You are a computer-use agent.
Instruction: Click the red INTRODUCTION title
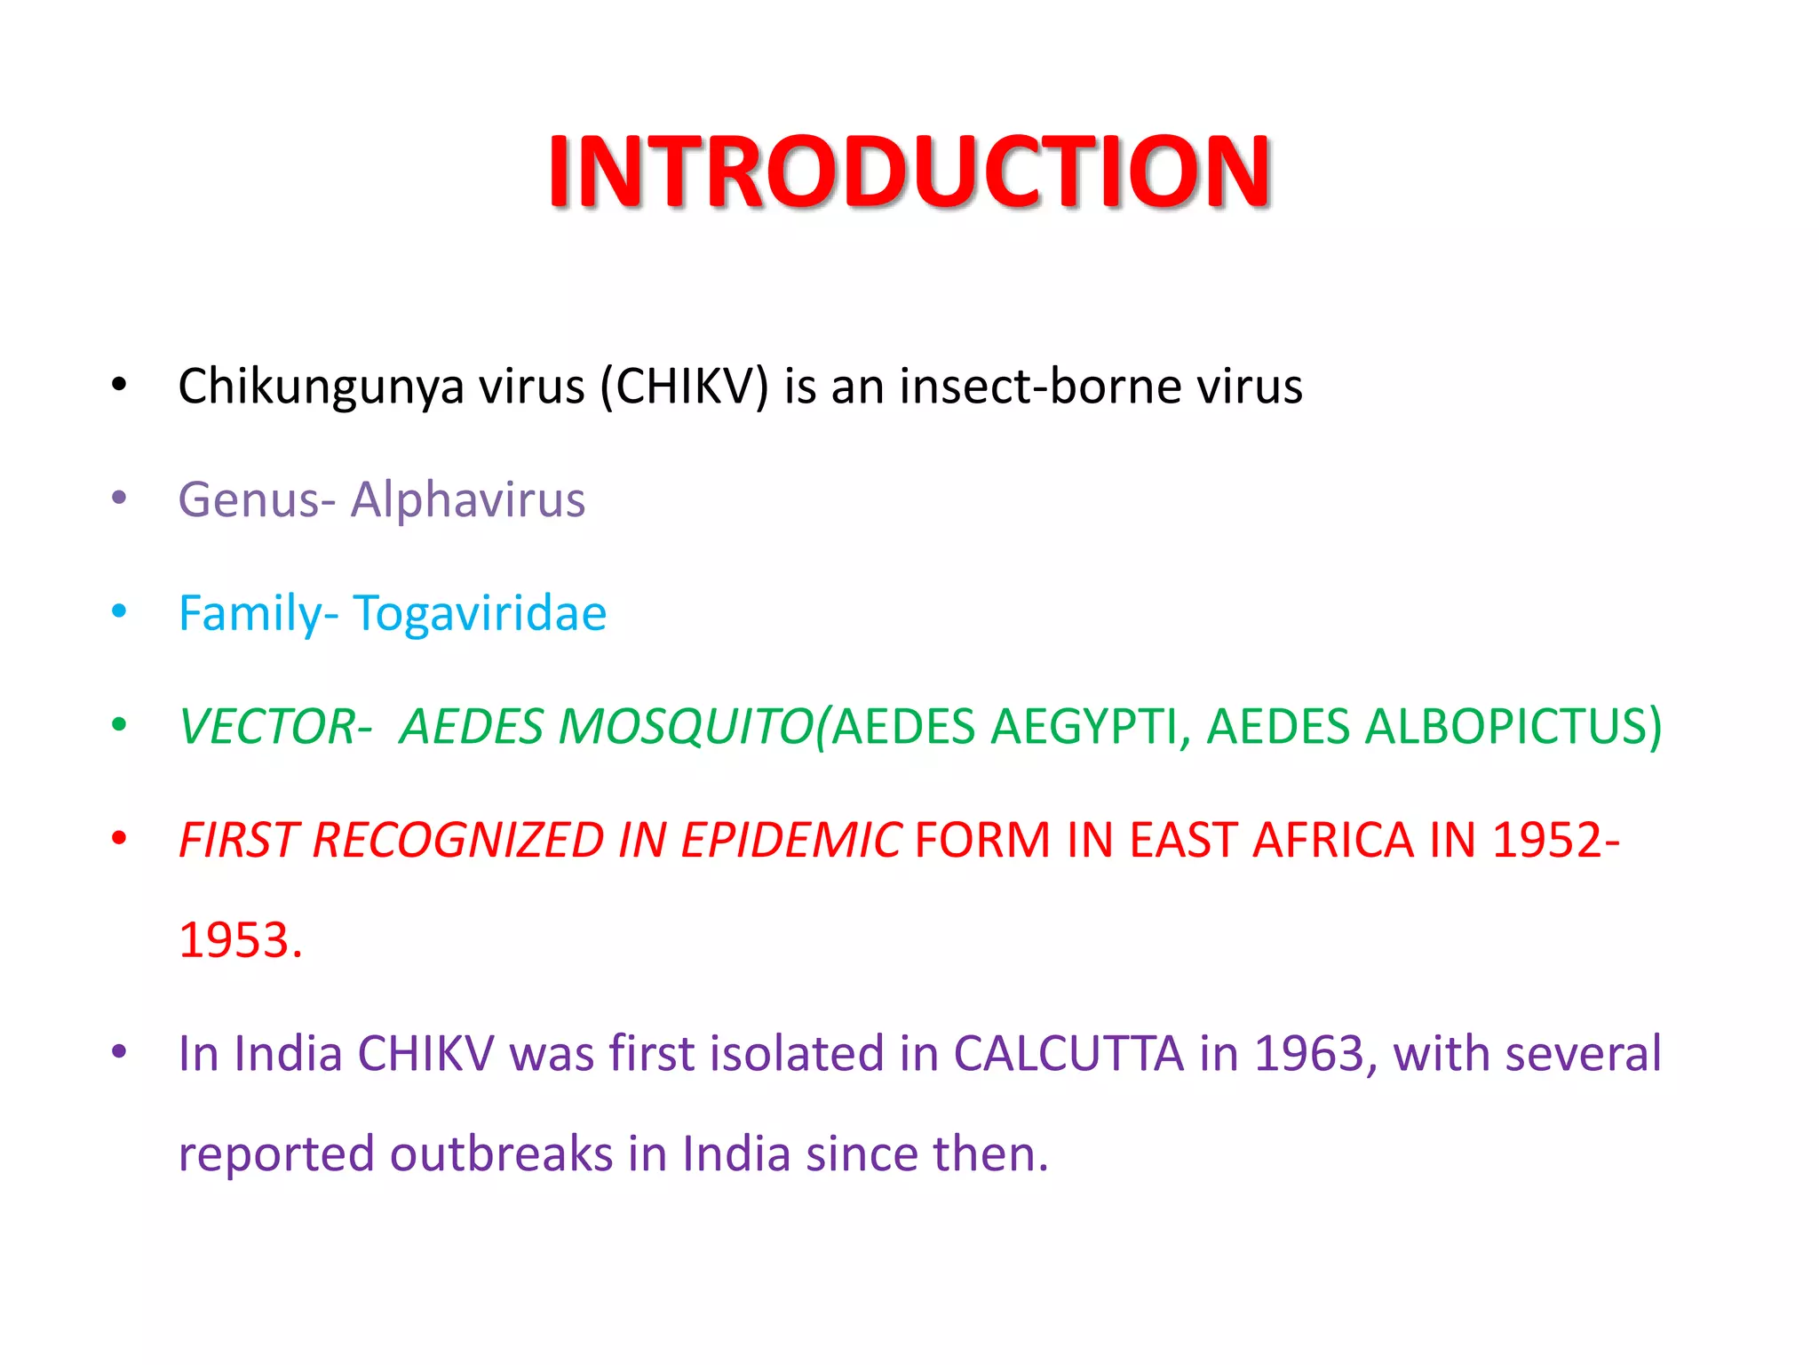(909, 171)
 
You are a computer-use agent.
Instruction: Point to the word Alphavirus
(468, 499)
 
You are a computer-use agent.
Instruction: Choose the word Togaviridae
(480, 613)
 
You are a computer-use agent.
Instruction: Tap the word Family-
(258, 613)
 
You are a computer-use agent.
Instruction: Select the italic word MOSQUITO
(684, 726)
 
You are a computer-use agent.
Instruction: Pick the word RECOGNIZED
(457, 840)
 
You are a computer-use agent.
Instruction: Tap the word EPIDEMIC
(790, 840)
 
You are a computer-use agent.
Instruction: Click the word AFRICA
(1332, 840)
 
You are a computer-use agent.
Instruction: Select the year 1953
(240, 940)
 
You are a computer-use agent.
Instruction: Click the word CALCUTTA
(1068, 1054)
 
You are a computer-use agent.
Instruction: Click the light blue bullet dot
(119, 611)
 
